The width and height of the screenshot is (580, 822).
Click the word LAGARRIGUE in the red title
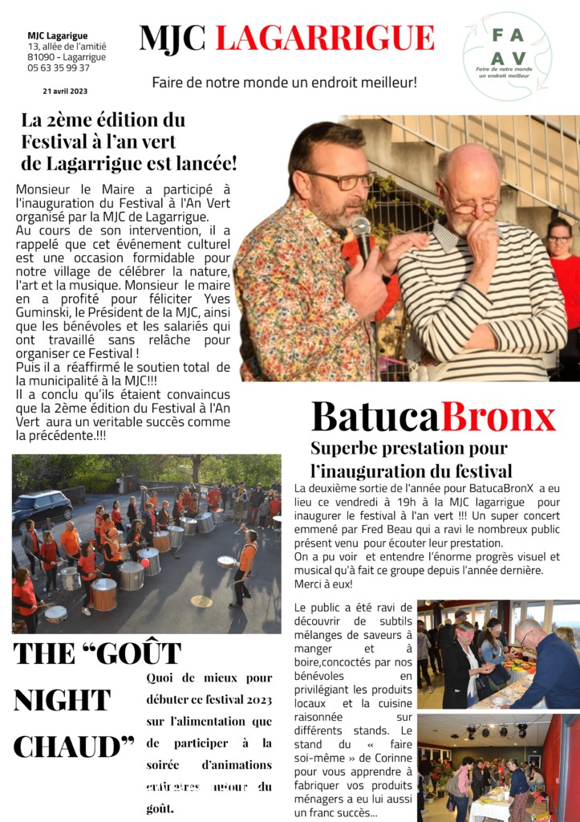click(325, 38)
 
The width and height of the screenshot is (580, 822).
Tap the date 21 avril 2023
click(65, 91)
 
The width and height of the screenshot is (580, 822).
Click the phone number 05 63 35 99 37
click(59, 68)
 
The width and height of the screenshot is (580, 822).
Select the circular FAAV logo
click(507, 56)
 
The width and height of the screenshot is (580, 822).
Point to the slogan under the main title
click(284, 82)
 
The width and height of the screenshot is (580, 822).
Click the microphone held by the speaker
click(362, 234)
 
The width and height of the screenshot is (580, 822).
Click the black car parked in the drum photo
click(43, 508)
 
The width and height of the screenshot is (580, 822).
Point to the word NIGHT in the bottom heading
click(62, 700)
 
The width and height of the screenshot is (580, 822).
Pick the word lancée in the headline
click(205, 163)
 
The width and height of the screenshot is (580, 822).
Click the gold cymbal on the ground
click(201, 601)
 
